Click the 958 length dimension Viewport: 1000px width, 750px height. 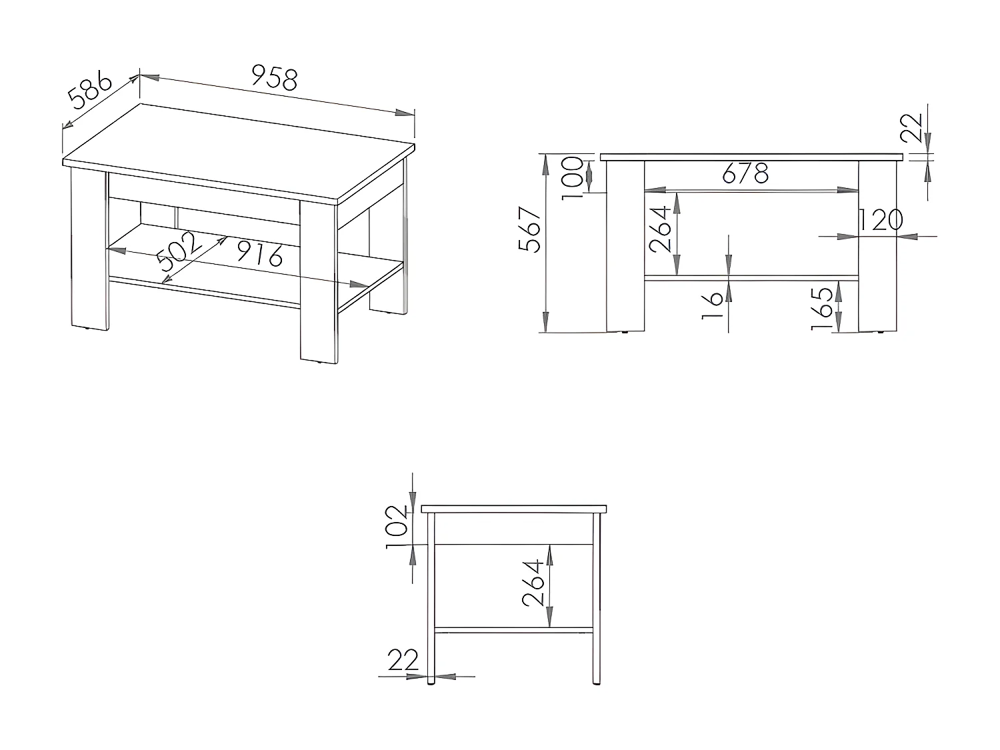[275, 78]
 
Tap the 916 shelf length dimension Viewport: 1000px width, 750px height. [259, 253]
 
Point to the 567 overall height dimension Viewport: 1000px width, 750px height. [529, 229]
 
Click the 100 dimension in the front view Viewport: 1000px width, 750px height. [572, 178]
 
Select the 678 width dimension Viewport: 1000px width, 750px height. [745, 173]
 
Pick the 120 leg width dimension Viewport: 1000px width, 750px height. [880, 220]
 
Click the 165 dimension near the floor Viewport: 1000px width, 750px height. [821, 308]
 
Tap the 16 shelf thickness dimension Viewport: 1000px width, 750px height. [712, 305]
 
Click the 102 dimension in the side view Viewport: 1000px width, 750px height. [397, 527]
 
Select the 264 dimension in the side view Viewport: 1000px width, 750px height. [533, 583]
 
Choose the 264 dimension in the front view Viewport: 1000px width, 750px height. [660, 229]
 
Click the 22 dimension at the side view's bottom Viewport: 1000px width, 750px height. [403, 659]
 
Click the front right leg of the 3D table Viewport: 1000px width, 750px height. [319, 281]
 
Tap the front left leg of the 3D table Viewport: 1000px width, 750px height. [90, 249]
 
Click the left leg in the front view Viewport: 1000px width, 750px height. [625, 246]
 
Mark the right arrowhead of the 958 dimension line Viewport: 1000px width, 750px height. [405, 113]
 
